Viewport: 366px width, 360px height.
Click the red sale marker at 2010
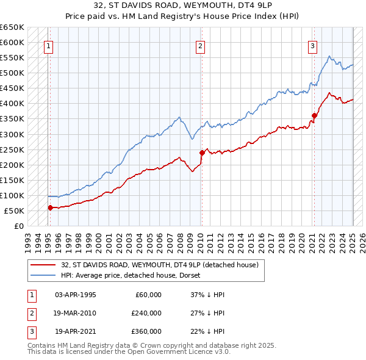click(201, 153)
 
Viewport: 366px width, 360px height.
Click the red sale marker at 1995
click(50, 207)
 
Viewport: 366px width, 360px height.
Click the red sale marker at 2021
click(314, 115)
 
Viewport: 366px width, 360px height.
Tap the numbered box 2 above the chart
click(200, 45)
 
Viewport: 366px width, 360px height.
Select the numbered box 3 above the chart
click(312, 45)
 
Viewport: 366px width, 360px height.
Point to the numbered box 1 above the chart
click(48, 45)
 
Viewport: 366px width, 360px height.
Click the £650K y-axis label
click(12, 27)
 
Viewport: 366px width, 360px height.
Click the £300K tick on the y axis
click(12, 134)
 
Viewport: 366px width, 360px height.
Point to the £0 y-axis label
click(18, 226)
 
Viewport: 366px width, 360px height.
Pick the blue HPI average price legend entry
click(135, 275)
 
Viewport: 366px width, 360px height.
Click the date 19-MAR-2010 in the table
click(75, 313)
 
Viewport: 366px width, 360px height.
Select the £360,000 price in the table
click(146, 331)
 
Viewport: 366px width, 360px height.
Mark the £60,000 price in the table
click(148, 295)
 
